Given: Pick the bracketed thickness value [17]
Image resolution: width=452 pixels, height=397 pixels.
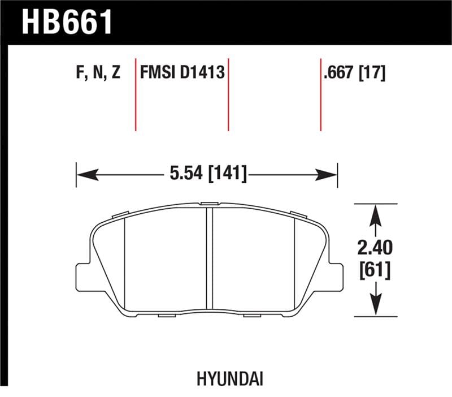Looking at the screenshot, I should point(373,73).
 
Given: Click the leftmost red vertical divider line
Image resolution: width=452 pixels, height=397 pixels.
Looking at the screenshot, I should point(136,93).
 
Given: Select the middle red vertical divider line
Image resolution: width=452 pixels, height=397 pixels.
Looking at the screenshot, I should point(228,93).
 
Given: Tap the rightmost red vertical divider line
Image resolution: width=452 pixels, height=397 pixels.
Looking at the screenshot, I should point(321,93).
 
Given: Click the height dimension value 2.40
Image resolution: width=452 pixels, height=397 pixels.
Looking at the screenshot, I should point(375,248).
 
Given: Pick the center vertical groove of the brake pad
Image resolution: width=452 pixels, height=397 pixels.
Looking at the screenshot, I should point(208,260).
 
